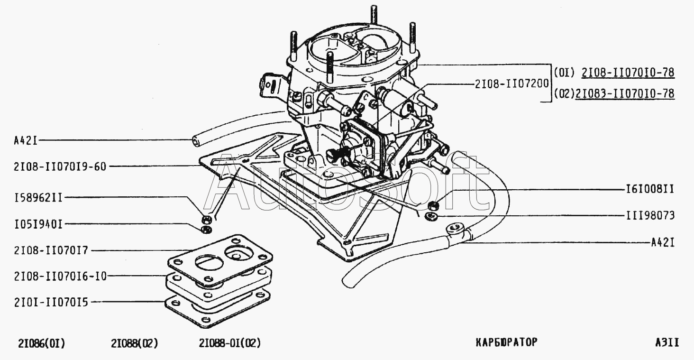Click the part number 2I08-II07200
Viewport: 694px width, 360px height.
click(x=511, y=84)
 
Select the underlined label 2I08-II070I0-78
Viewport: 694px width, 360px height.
click(x=628, y=73)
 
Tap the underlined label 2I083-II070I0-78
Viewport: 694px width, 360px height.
click(x=624, y=93)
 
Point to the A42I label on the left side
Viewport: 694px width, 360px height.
click(x=26, y=140)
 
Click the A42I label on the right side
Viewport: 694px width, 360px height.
click(x=662, y=243)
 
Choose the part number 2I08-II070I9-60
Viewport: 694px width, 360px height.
click(x=53, y=166)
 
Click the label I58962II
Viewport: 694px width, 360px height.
click(x=33, y=197)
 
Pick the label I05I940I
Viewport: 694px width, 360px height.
click(x=33, y=224)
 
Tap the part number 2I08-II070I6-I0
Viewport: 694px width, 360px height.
click(x=53, y=276)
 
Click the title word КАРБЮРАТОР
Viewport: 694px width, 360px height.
click(x=506, y=342)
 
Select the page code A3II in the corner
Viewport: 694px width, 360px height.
click(x=667, y=342)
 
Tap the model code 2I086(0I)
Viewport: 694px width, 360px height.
click(x=41, y=343)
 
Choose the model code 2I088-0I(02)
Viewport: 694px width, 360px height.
click(x=230, y=343)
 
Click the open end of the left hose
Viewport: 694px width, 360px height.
click(x=195, y=141)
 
